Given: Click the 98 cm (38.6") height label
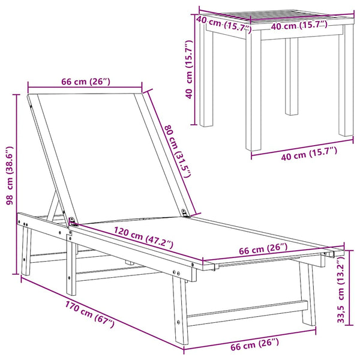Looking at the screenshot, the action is click(10, 176).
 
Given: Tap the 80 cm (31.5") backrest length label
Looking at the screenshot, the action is click(178, 151).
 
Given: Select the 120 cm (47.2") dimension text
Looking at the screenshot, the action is click(143, 238).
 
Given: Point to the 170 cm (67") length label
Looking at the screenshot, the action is click(89, 314).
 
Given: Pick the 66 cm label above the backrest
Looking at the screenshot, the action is click(86, 82).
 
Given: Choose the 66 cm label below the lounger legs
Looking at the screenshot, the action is click(254, 344).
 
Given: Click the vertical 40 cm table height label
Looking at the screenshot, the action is click(189, 70).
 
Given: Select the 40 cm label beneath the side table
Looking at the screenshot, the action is click(309, 154).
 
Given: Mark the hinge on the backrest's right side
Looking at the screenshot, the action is click(184, 212).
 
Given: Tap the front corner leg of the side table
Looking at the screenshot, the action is click(253, 90).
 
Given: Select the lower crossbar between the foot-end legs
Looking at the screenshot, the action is click(247, 313).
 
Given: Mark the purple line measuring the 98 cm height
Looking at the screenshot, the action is click(16, 184).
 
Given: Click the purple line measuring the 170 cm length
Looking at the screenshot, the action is click(103, 313).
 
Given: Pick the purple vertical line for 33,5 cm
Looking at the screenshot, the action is click(349, 287).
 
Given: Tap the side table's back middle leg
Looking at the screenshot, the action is click(292, 76).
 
